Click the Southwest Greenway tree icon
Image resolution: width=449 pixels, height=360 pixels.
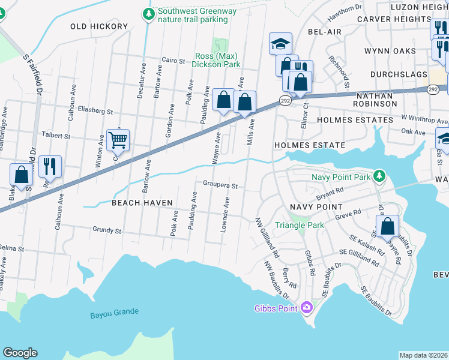(148, 13)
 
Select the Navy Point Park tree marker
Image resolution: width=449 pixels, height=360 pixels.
(378, 176)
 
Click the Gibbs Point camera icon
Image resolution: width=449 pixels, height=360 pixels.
(307, 308)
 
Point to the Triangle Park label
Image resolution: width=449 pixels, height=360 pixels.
(299, 225)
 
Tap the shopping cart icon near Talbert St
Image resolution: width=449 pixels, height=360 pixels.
(118, 140)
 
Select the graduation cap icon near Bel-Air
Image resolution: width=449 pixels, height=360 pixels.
(280, 43)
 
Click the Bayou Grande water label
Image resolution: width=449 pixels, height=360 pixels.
(115, 313)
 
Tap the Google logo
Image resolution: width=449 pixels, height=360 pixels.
(20, 352)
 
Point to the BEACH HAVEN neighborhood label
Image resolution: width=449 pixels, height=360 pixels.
(142, 203)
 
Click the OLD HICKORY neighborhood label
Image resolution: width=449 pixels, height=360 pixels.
(99, 26)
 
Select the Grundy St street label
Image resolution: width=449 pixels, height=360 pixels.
(107, 230)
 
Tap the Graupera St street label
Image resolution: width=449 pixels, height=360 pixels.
(221, 185)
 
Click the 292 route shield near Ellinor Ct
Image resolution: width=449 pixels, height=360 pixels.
(286, 101)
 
